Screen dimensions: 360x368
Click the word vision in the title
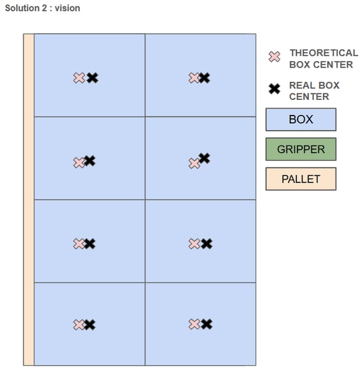tap(68, 8)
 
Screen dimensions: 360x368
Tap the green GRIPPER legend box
tap(301, 149)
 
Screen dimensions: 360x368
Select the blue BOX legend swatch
tap(301, 119)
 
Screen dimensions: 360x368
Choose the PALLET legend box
tap(301, 179)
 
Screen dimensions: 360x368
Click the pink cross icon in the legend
tap(274, 56)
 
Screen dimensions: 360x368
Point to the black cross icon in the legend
tap(274, 89)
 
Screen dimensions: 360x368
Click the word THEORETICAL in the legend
tap(324, 53)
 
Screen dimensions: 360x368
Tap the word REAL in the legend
tap(300, 86)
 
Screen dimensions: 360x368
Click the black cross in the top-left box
tap(92, 78)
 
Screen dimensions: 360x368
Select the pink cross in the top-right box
tap(194, 78)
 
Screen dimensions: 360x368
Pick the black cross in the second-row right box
tap(204, 158)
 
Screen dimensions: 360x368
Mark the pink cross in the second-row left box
tap(79, 163)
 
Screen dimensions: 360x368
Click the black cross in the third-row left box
tap(90, 244)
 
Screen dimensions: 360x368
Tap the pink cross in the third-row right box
tap(194, 243)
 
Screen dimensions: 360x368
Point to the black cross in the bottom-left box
tap(90, 325)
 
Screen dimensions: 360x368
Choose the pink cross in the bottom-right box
tap(194, 325)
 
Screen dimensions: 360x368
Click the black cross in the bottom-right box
tap(207, 325)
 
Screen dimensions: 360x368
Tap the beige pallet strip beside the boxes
tap(29, 200)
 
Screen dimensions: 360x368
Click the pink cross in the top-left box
tap(79, 78)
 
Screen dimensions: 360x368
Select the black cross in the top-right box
tap(205, 78)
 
